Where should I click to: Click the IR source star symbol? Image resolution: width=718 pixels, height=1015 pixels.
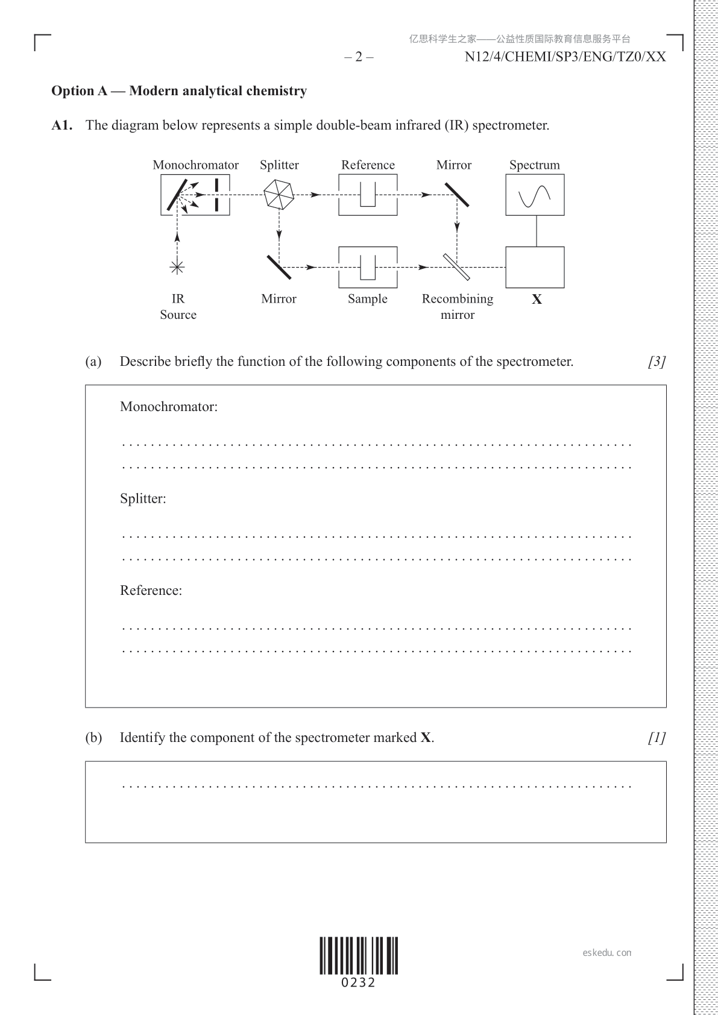pos(177,268)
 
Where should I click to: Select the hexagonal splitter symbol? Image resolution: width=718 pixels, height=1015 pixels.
pos(279,195)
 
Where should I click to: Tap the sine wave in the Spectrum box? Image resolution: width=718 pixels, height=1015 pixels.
pos(535,195)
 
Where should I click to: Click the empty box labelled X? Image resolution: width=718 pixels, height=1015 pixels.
pos(535,267)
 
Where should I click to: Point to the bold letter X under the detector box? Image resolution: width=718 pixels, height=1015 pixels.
pos(537,300)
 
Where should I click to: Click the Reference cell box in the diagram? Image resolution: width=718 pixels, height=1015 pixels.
pos(368,195)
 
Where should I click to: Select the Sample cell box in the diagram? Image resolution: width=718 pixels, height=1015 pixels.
pos(368,267)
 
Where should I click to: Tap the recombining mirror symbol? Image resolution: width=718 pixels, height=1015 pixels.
pos(457,267)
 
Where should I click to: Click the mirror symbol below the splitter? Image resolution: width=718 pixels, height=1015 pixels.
pos(279,267)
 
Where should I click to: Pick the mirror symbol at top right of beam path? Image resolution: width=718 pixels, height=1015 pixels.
pos(457,194)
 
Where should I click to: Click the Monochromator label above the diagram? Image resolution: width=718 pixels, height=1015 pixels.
pos(195,165)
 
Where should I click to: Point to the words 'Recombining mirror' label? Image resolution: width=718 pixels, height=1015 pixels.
pos(458,306)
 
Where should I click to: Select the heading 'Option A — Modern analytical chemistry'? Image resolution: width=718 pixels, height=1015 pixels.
pos(179,91)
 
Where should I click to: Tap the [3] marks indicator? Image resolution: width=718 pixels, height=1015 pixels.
pos(657,362)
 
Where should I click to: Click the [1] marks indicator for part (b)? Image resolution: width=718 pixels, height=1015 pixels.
pos(657,738)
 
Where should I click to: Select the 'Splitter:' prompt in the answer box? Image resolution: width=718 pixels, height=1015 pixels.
pos(143,498)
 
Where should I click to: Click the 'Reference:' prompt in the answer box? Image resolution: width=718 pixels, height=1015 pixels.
pos(151,590)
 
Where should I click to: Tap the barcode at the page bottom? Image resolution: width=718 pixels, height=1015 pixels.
pos(359,956)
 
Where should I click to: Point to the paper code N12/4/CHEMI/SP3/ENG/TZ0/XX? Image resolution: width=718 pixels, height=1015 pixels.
pos(565,57)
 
